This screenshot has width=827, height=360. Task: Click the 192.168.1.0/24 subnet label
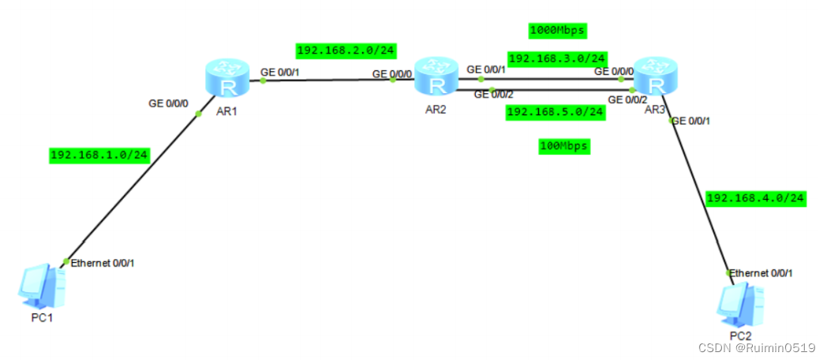coord(99,155)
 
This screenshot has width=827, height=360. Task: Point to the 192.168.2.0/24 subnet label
coord(346,51)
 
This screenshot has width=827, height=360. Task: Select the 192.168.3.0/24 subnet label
coord(557,58)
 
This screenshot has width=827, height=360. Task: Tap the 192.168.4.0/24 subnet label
coord(755,197)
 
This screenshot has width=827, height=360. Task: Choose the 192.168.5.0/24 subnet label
coord(555,111)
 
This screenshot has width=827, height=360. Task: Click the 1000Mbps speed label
coord(558,30)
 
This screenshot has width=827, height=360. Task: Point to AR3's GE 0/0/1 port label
coord(693,121)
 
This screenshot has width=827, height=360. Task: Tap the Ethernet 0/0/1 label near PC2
coord(761,273)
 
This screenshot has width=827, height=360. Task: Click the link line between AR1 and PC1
coord(134,186)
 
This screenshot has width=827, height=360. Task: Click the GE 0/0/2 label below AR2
coord(493,95)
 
